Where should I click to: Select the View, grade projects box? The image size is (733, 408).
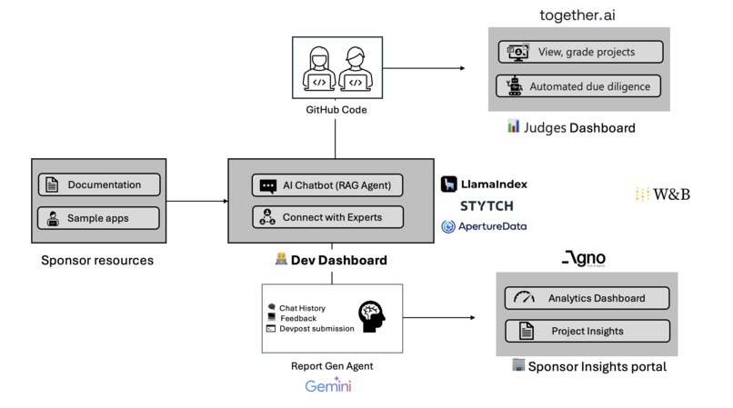click(x=579, y=52)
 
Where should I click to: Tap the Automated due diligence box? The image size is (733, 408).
click(x=579, y=86)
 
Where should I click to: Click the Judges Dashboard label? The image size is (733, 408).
click(x=571, y=127)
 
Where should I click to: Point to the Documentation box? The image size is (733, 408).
click(x=98, y=184)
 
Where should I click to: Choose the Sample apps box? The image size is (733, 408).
click(x=98, y=218)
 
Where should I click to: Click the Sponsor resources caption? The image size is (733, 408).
click(x=97, y=261)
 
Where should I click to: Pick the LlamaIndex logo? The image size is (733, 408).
click(x=484, y=184)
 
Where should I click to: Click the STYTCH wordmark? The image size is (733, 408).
click(x=487, y=206)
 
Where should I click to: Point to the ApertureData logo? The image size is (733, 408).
click(x=484, y=226)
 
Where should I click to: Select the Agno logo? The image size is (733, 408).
click(x=583, y=259)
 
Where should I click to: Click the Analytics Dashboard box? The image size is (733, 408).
click(x=587, y=298)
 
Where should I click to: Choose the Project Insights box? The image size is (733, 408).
click(x=587, y=331)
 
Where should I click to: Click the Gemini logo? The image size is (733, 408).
click(x=327, y=387)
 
